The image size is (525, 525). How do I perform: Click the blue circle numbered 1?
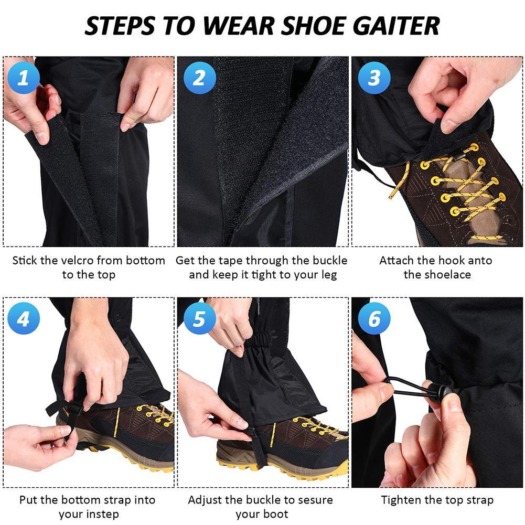24,77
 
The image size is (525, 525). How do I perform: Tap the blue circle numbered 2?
199,77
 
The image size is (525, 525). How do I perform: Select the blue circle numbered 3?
374,77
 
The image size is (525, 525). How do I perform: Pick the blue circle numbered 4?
24,318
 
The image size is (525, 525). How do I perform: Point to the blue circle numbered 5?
199,318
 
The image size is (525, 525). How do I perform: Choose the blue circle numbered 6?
374,318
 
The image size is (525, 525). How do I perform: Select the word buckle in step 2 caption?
330,261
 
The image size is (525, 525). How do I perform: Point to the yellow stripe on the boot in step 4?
117,422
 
